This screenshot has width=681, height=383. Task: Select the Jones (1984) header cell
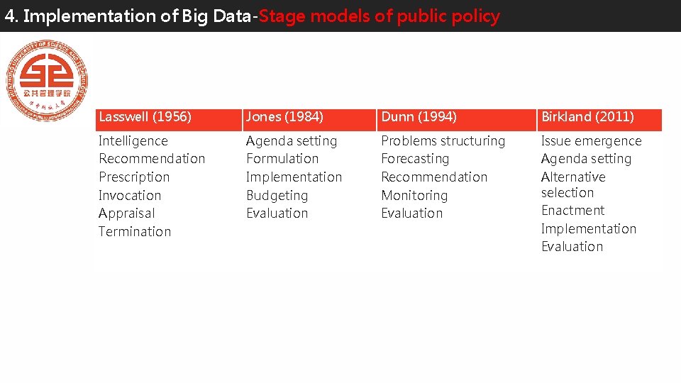284,117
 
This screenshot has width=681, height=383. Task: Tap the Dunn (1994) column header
419,117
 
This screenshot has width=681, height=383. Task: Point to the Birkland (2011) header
587,117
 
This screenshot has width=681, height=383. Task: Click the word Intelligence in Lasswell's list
133,141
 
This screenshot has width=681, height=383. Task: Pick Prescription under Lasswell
134,177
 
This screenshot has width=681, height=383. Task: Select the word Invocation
130,196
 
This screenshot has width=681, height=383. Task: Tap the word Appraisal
126,213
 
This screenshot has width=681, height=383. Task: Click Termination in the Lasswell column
135,232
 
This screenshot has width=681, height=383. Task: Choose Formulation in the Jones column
282,159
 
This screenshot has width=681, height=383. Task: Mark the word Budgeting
277,196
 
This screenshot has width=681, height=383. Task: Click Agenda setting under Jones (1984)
292,141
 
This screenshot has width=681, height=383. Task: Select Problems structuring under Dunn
443,141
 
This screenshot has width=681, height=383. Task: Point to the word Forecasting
415,159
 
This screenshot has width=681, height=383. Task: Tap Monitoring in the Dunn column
414,196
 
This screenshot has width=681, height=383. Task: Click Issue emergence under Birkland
591,141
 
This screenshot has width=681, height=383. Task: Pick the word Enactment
572,211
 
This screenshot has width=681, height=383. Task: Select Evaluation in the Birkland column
572,247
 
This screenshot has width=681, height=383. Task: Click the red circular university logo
47,79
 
